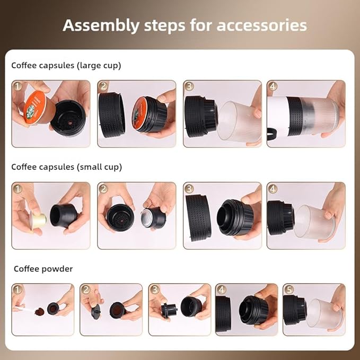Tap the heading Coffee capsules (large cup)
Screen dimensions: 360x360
(66, 66)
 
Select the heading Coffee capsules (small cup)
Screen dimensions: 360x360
(66, 167)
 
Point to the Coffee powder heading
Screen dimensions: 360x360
(43, 269)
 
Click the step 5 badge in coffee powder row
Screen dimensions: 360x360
(289, 290)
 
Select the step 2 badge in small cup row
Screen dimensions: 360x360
(104, 189)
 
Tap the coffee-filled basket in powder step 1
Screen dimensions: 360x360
(52, 308)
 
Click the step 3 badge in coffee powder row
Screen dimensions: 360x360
(155, 290)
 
